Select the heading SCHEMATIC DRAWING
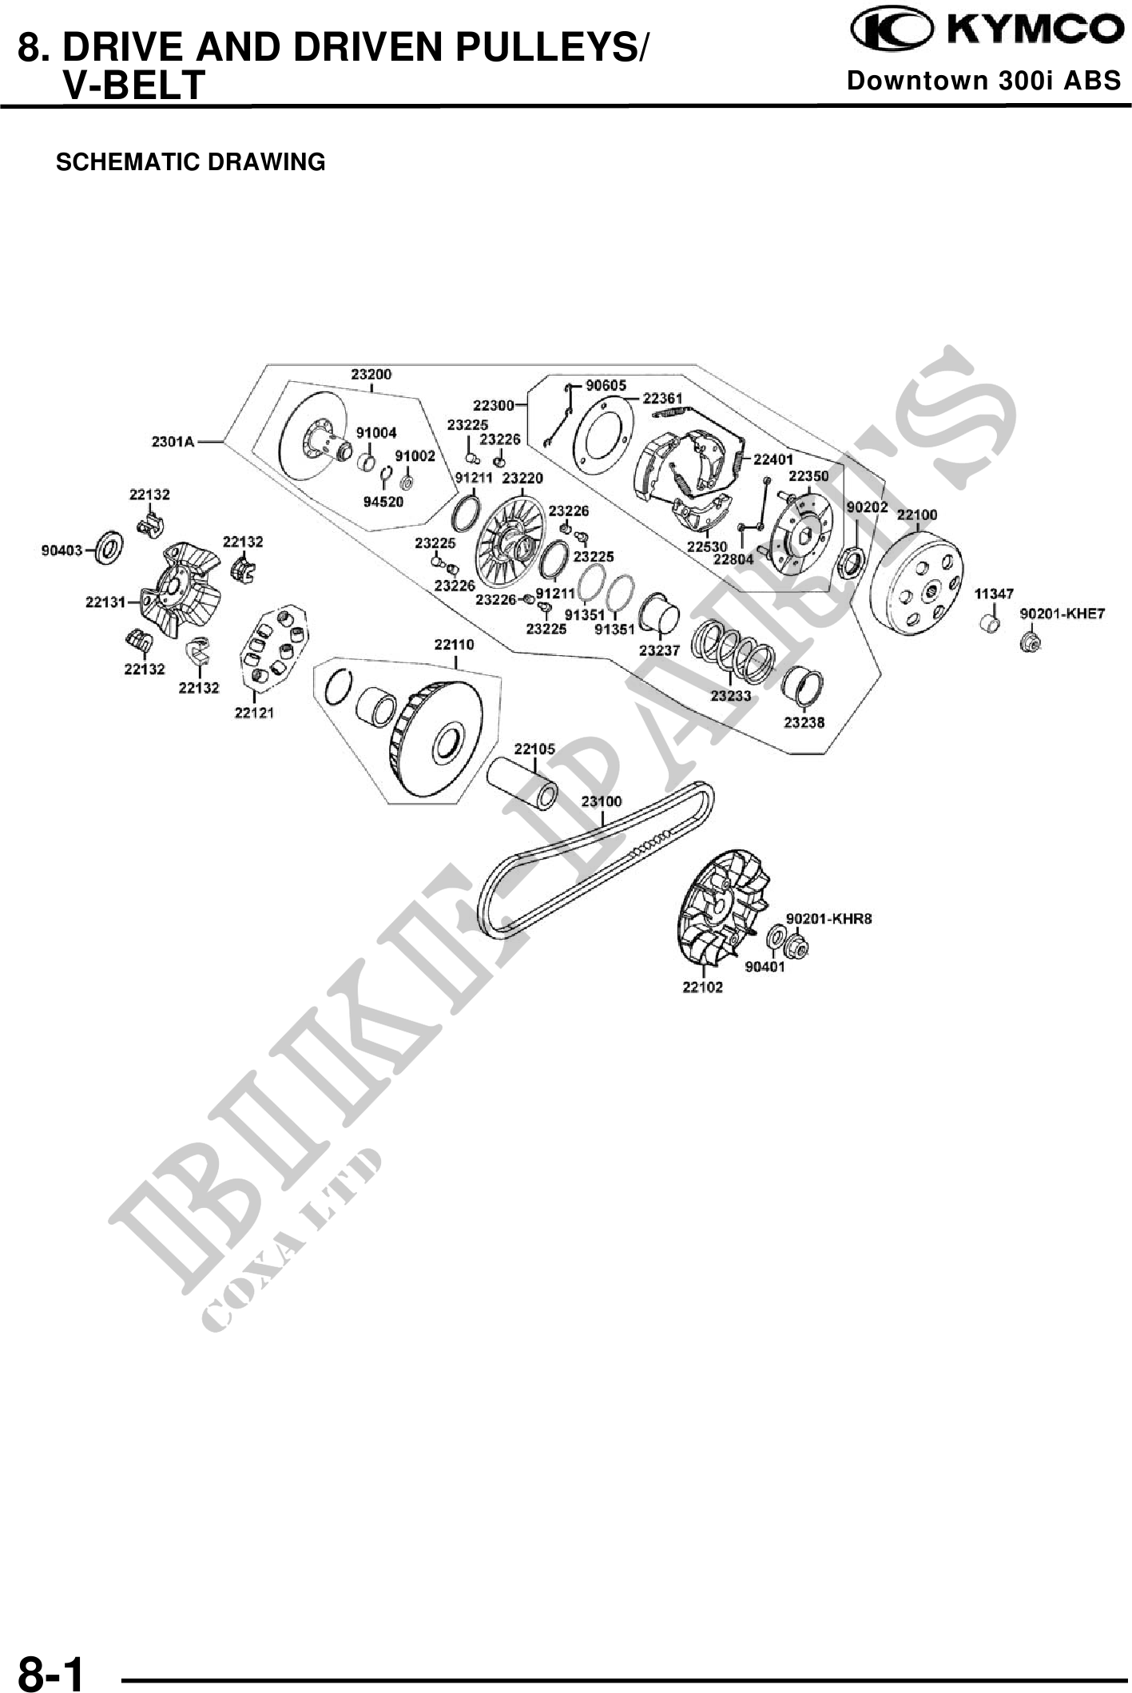190,162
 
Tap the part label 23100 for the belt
601,801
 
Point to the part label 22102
702,987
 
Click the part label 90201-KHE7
1062,614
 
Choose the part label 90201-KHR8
828,919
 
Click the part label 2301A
173,441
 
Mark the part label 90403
62,550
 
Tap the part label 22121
254,713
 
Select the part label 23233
731,696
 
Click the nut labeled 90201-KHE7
1031,640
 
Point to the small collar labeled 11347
989,622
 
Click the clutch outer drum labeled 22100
916,585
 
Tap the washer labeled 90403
109,547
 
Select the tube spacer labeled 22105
528,781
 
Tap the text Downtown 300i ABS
983,81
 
